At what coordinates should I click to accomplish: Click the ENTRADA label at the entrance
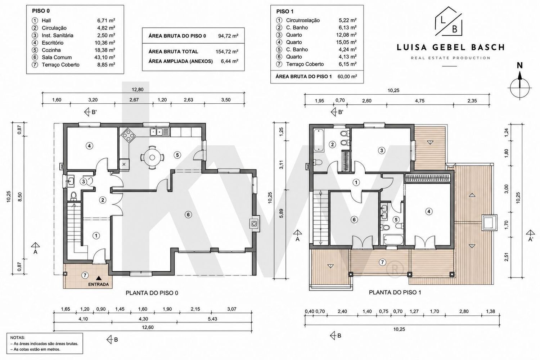98,284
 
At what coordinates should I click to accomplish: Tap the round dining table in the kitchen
152,157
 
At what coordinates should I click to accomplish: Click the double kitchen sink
156,132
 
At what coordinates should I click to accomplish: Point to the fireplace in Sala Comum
255,224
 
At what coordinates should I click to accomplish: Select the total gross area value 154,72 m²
227,51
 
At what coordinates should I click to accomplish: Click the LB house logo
449,21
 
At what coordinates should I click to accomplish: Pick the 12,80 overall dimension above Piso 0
138,89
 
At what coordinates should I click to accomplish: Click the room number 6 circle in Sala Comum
188,215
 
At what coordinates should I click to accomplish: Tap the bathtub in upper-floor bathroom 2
319,140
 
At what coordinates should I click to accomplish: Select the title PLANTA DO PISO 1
395,292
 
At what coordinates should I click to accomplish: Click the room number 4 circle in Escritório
89,146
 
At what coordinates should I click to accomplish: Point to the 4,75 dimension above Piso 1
420,101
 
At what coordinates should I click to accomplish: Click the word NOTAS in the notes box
17,338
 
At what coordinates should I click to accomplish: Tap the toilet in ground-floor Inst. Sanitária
74,196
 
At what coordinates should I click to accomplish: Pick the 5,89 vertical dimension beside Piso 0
281,213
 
